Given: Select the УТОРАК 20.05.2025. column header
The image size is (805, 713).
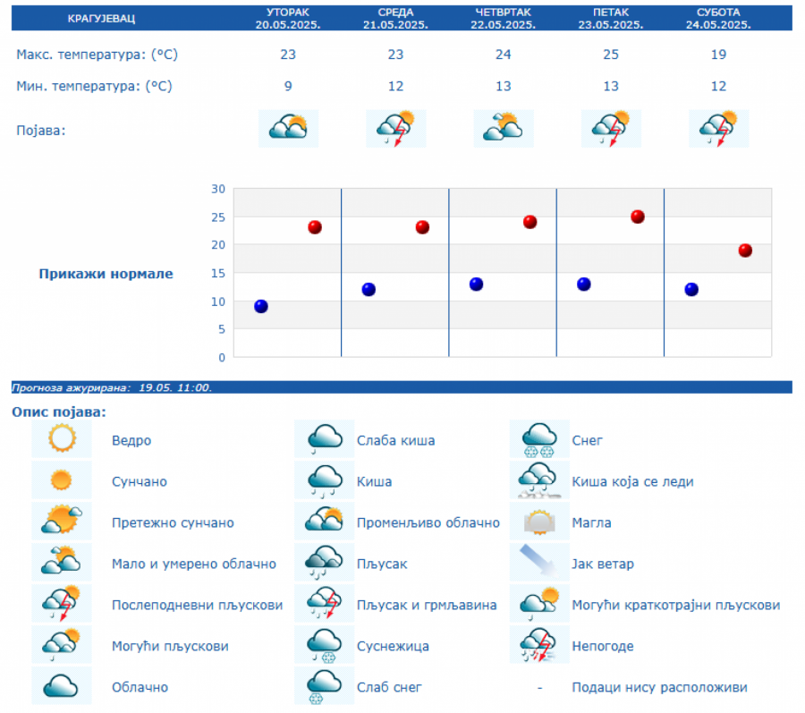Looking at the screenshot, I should (288, 18).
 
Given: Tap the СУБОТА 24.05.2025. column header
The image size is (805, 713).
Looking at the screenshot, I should (718, 18).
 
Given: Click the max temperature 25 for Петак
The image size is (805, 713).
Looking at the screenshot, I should (611, 55).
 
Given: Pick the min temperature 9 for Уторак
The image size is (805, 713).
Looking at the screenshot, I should (288, 86).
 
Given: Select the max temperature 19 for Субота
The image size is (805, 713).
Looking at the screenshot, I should (718, 55).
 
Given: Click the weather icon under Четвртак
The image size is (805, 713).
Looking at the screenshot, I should (504, 128).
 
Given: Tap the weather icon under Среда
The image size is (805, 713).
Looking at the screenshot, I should (396, 129).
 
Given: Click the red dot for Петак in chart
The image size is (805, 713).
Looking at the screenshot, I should (638, 216).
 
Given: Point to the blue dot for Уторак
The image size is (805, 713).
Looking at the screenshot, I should (261, 306).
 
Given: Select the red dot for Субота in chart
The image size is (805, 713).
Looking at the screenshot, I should (745, 250).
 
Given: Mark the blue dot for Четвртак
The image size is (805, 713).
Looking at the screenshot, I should (477, 284).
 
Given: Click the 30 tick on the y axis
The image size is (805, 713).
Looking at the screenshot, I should (218, 189).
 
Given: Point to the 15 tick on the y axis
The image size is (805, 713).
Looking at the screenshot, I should (218, 273).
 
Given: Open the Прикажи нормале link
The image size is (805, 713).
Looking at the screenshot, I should (106, 274).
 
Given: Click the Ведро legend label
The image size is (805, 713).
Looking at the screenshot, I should (131, 440).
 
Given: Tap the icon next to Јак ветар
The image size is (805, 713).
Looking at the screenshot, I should (539, 564).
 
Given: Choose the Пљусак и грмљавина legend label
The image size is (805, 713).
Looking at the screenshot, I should (427, 605).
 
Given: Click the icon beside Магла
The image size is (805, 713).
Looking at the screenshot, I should (539, 522).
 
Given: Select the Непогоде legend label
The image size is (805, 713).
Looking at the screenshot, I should (603, 646).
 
